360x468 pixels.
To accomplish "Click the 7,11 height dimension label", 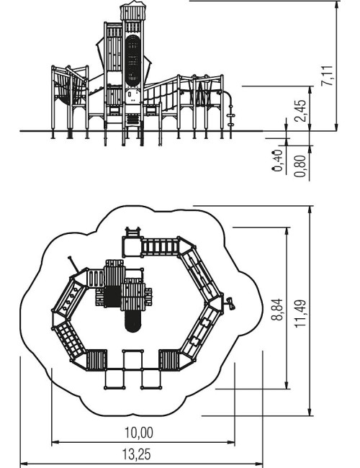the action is (327, 76).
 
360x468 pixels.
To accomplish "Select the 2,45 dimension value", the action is (300, 110).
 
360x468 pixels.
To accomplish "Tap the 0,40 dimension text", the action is (277, 161).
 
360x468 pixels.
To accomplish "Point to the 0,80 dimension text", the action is (300, 166).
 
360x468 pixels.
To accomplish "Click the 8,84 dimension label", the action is (277, 310).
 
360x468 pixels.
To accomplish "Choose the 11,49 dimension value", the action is (300, 313).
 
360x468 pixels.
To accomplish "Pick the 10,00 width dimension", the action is (139, 433).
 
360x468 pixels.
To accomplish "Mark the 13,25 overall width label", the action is (137, 454).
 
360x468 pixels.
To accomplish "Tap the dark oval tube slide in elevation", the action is (132, 60).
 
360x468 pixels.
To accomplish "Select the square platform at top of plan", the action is (132, 246).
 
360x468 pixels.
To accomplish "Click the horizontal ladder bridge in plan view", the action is (160, 247).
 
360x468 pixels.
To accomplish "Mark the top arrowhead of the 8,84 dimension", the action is (287, 232).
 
